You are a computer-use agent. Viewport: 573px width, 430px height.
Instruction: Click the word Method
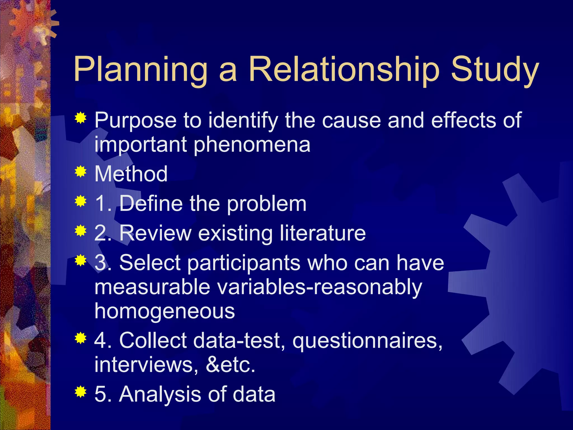click(131, 174)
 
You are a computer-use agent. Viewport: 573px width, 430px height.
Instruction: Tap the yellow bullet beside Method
click(81, 172)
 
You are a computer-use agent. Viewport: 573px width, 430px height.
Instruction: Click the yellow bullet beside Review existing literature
click(81, 231)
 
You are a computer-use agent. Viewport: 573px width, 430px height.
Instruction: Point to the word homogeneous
click(165, 311)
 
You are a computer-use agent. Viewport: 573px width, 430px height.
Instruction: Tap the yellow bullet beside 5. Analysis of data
click(81, 392)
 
